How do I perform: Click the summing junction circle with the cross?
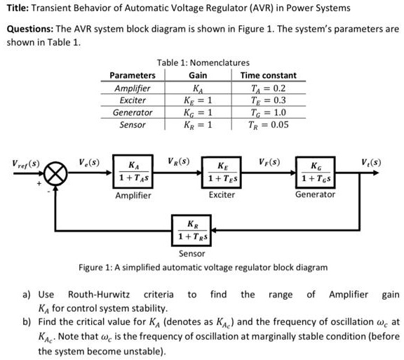click(x=57, y=171)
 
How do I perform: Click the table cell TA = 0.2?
click(x=268, y=88)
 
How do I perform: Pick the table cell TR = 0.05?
click(x=268, y=125)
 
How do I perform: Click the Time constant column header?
click(x=268, y=75)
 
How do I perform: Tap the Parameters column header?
click(x=133, y=75)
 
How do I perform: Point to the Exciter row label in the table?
click(x=133, y=100)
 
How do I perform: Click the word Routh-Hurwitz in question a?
click(x=100, y=295)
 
